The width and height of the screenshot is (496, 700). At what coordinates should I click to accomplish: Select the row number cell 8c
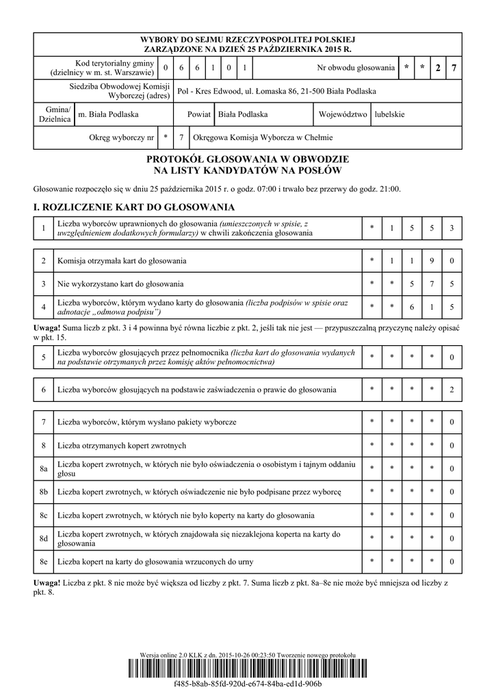[43, 515]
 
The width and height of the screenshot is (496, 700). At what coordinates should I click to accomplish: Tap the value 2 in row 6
[452, 390]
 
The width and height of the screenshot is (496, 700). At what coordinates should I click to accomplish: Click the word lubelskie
[390, 114]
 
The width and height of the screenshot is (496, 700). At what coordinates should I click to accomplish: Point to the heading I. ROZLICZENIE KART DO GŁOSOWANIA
[134, 207]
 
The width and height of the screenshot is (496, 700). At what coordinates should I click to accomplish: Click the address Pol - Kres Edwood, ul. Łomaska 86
[276, 91]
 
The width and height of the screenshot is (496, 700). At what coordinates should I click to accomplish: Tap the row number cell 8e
[43, 561]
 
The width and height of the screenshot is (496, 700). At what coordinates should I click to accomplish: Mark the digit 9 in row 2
[432, 260]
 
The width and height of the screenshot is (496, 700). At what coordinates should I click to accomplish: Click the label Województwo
[343, 114]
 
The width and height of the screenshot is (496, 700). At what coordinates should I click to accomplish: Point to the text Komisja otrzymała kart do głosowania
[122, 260]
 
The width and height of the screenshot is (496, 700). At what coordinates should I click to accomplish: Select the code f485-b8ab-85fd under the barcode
[248, 684]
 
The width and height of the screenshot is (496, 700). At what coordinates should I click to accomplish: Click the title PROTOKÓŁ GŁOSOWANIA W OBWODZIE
[248, 159]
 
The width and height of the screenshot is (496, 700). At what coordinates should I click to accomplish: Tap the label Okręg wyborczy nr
[122, 137]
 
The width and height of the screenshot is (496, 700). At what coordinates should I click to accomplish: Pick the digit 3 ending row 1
[452, 228]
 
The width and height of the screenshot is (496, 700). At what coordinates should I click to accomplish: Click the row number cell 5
[43, 357]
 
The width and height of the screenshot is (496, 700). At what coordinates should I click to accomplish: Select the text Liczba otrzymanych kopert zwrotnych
[122, 445]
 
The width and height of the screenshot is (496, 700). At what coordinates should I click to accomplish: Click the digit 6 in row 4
[412, 307]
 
